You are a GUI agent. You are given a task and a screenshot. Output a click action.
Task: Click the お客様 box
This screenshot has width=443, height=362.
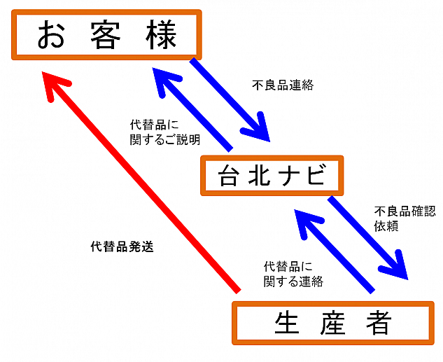(106, 35)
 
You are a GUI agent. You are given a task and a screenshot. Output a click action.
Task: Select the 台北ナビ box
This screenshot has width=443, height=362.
(272, 176)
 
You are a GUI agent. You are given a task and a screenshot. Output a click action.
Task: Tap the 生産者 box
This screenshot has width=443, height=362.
(333, 323)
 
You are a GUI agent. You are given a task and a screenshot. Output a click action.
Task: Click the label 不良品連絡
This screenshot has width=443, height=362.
(283, 85)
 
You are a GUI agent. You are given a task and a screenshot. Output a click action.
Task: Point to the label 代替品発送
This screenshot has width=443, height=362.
(122, 246)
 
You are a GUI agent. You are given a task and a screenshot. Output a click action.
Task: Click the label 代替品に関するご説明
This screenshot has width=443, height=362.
(165, 132)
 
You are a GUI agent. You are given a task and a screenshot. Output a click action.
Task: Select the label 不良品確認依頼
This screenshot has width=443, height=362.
(405, 218)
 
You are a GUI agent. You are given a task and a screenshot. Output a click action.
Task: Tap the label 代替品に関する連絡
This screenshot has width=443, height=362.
(293, 274)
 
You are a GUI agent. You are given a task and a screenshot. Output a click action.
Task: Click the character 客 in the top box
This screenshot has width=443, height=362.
(106, 35)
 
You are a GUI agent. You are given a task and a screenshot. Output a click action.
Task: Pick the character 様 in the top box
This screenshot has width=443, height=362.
(162, 35)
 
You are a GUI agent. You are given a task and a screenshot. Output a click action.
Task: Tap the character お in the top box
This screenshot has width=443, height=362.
(51, 35)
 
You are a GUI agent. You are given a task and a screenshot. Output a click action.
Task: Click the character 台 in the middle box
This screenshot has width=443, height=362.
(227, 176)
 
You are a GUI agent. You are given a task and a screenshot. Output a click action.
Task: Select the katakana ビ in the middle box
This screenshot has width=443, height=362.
(316, 176)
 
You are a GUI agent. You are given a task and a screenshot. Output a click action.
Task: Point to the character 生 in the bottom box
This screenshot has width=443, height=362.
(287, 323)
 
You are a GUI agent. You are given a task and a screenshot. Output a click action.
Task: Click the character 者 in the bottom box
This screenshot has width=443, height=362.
(379, 323)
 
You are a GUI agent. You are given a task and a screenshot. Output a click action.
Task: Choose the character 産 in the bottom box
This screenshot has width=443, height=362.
(333, 323)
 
